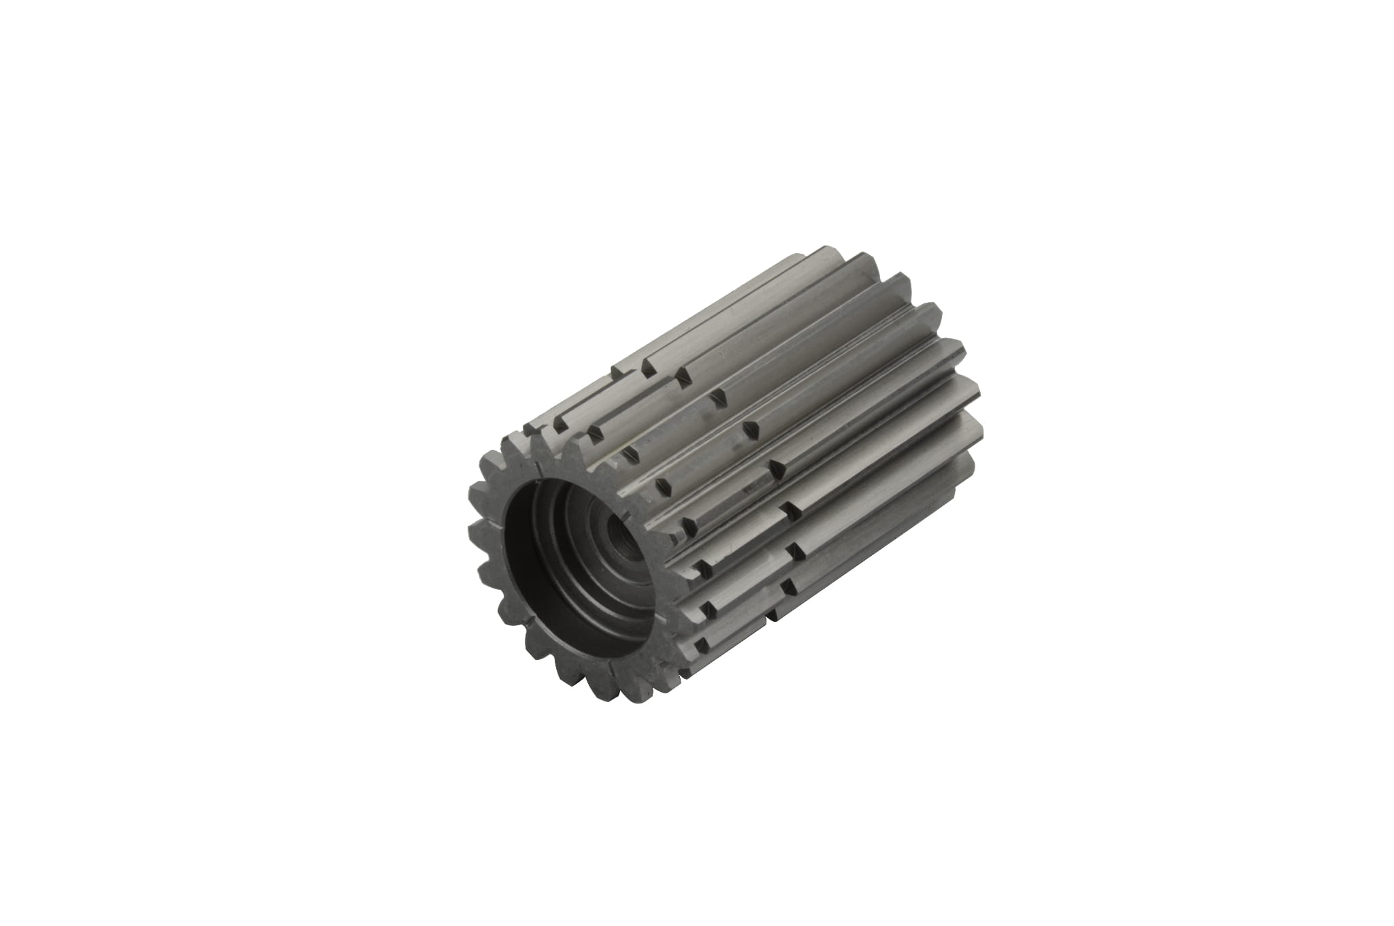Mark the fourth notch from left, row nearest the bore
pos(660,484)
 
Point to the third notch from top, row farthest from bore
pos(751,429)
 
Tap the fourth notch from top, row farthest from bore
pos(778,467)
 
